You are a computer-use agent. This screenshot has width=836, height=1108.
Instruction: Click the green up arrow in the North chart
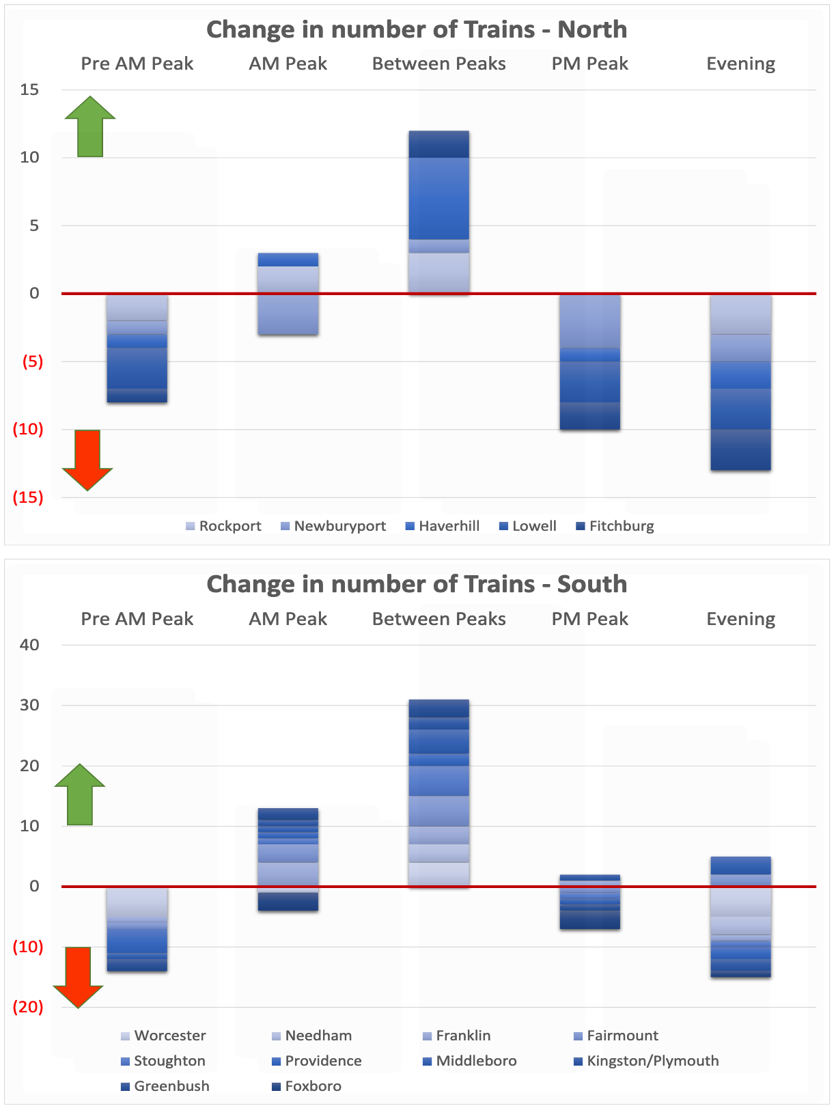click(90, 126)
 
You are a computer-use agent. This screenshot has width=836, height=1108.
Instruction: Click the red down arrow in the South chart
click(78, 978)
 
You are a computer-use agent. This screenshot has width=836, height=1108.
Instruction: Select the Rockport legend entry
click(223, 526)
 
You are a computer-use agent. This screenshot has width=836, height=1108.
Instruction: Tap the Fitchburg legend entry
click(615, 526)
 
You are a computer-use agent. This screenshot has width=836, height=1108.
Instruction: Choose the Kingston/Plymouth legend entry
click(646, 1061)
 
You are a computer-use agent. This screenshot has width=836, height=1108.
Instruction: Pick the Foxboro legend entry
click(307, 1085)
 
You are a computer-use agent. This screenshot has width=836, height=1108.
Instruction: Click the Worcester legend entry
click(163, 1036)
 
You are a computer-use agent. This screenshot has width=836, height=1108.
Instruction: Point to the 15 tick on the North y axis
click(29, 90)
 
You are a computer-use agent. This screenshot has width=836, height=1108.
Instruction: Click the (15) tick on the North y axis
click(28, 497)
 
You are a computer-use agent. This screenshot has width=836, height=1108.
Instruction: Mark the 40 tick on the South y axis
click(29, 645)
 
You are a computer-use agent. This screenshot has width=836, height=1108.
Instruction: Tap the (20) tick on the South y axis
click(28, 1007)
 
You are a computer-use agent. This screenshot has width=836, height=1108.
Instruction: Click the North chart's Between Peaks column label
click(439, 64)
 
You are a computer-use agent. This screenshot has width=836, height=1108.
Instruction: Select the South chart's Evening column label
click(740, 619)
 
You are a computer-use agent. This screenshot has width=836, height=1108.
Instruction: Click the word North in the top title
click(592, 29)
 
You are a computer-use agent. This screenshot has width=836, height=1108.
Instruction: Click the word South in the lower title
click(592, 584)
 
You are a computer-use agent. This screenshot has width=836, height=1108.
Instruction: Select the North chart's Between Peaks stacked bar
click(439, 212)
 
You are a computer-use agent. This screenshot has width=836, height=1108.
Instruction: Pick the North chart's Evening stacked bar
click(740, 382)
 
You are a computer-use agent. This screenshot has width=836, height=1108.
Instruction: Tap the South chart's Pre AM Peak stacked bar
click(137, 929)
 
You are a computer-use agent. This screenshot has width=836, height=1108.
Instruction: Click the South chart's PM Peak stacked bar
click(590, 902)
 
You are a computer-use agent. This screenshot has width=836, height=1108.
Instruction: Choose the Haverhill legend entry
click(443, 526)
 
